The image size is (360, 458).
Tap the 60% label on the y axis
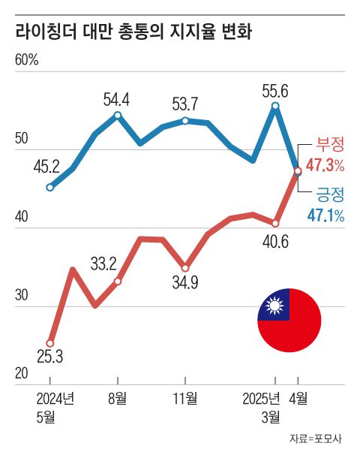(26, 61)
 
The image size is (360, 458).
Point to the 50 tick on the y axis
(22, 139)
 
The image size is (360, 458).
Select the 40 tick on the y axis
(22, 217)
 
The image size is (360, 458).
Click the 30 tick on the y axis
(22, 295)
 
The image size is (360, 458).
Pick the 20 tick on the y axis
(22, 373)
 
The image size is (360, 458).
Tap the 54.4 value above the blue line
(117, 98)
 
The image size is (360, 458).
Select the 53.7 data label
(185, 103)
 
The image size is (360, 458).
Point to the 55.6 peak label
(275, 90)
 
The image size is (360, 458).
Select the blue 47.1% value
(325, 216)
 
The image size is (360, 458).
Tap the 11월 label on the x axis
(185, 398)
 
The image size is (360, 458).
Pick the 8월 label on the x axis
(117, 398)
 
